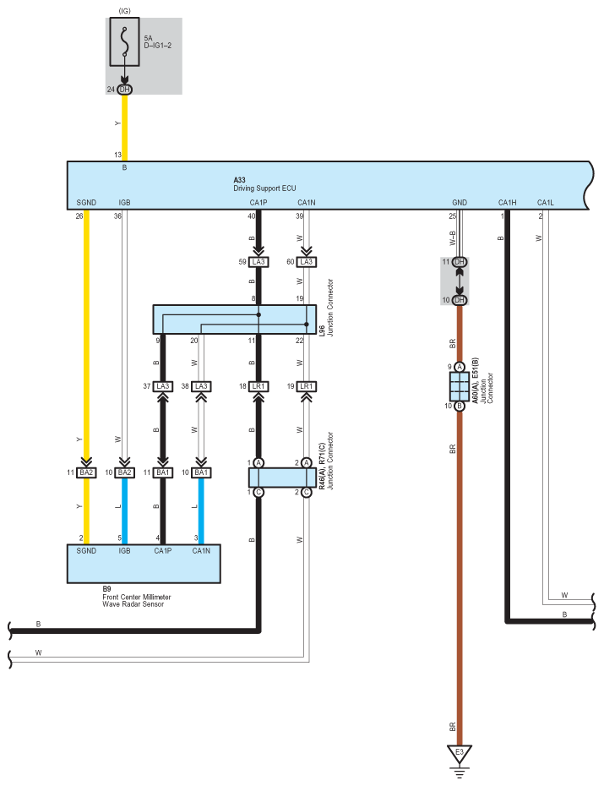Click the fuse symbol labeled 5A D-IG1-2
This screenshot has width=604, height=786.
(x=125, y=42)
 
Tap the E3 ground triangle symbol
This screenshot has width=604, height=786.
(x=460, y=751)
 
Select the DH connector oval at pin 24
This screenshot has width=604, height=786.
(x=125, y=90)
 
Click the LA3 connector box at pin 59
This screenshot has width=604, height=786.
(x=258, y=262)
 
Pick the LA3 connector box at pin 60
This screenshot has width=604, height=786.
(x=306, y=262)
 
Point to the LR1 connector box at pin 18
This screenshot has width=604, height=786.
(x=258, y=386)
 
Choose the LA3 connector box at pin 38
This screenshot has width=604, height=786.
(x=200, y=386)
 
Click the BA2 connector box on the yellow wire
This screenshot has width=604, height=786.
(x=86, y=472)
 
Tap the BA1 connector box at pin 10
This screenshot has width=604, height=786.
(x=200, y=472)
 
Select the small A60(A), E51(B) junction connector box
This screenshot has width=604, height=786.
(x=460, y=386)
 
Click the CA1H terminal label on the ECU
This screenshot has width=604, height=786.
(x=507, y=203)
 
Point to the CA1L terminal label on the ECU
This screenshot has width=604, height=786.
(x=546, y=203)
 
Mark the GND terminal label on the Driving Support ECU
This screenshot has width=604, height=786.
(x=460, y=203)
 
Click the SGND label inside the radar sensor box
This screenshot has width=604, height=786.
(x=86, y=551)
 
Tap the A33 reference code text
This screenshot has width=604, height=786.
(x=239, y=180)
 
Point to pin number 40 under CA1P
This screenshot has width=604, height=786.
(x=251, y=217)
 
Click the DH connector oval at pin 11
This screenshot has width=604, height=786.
(x=460, y=262)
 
